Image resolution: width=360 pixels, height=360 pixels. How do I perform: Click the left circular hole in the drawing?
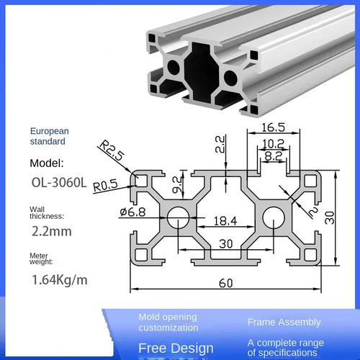pyautogui.click(x=177, y=217)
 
